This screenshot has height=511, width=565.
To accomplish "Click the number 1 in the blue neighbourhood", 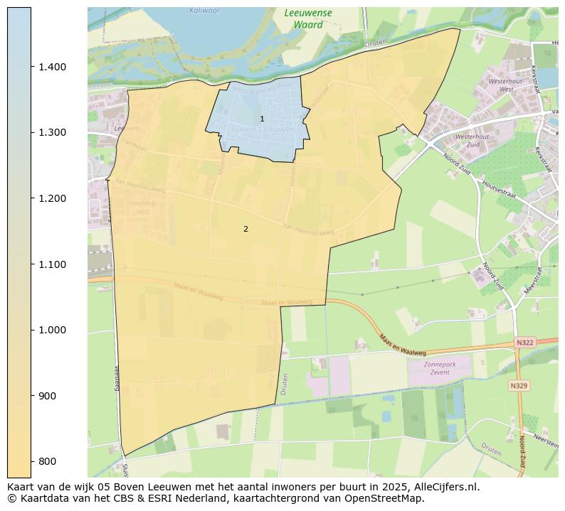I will tap(262, 119).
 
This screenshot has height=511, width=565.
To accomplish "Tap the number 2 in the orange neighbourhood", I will tap(245, 229).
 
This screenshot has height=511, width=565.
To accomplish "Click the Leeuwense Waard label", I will tap(308, 18).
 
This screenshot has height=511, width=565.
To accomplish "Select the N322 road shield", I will tap(524, 343).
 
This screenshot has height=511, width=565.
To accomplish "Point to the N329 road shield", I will tap(519, 386).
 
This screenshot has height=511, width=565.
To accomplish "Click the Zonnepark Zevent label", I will tap(438, 368).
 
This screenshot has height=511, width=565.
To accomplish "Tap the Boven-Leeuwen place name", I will tap(263, 129).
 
